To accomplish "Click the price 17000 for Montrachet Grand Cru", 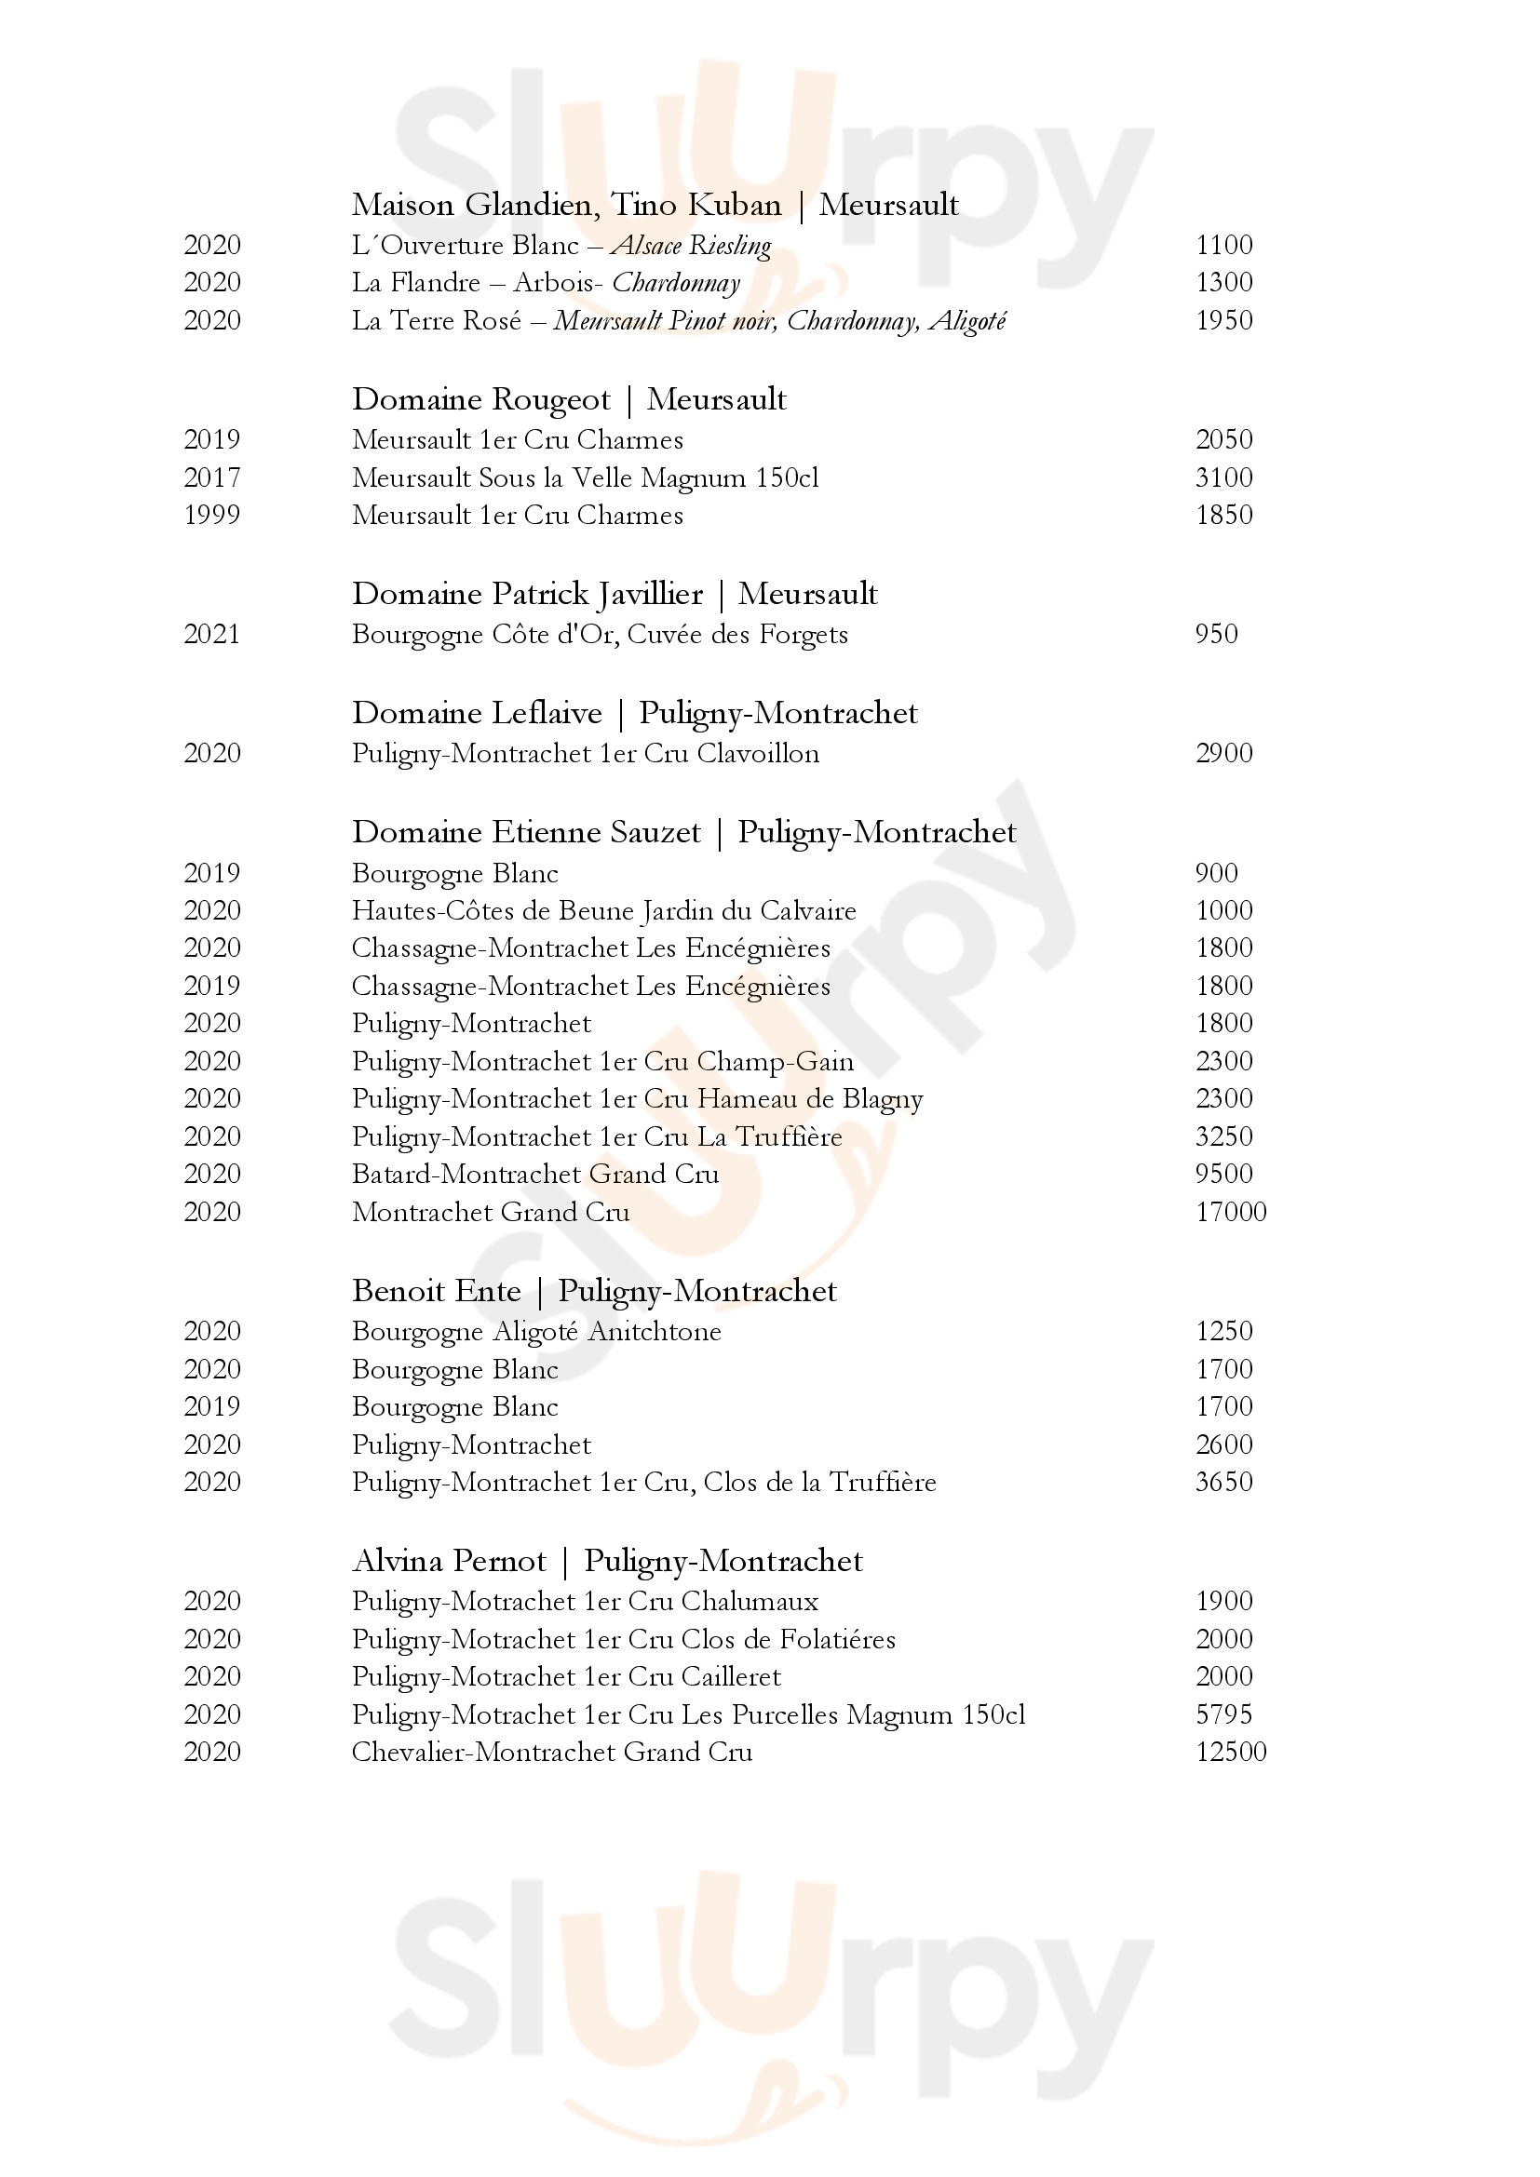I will [1231, 1212].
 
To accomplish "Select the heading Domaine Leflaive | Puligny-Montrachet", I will [634, 713].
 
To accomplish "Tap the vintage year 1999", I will [211, 515].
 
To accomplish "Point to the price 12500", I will [1231, 1752].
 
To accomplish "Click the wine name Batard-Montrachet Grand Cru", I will [534, 1174].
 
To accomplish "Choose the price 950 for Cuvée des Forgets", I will [1217, 634].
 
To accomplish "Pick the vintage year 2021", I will [211, 634].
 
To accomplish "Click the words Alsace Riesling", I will [691, 246].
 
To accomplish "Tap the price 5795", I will [1224, 1714].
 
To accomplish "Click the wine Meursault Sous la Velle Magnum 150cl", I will [585, 477].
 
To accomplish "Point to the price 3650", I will [1224, 1482].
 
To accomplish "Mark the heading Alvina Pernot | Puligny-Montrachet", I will [607, 1561].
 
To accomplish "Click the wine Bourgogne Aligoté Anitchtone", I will [535, 1331].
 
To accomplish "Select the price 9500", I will [1224, 1174].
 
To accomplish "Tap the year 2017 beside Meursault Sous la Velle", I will [211, 477].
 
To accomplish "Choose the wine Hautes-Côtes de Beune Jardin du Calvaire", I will [603, 910].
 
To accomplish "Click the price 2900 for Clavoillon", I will [1224, 753].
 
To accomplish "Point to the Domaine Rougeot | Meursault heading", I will [569, 399].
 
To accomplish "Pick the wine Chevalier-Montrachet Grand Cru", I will [552, 1752].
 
